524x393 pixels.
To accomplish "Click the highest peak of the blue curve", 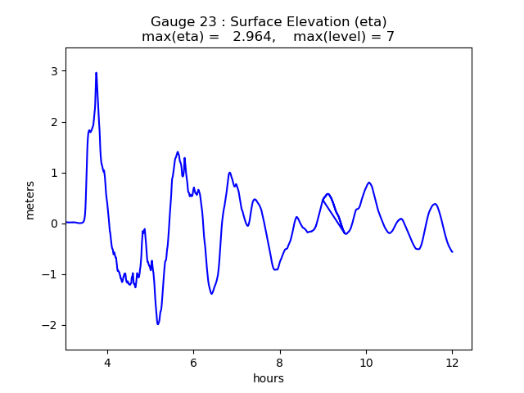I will point(96,73).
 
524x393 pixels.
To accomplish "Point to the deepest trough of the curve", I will point(158,324).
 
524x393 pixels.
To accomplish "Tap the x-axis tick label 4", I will point(106,363).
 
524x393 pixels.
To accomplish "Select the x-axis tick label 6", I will point(193,363).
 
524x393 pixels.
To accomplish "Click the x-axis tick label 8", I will point(279,363).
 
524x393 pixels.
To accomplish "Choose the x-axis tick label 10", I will point(366,363).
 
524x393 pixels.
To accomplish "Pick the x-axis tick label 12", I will point(452,363).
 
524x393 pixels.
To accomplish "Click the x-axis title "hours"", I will point(269,378).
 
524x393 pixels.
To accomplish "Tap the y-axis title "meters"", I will point(30,199).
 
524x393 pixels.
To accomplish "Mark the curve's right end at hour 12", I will point(452,251).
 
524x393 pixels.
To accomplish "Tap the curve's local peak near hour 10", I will point(369,183).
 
